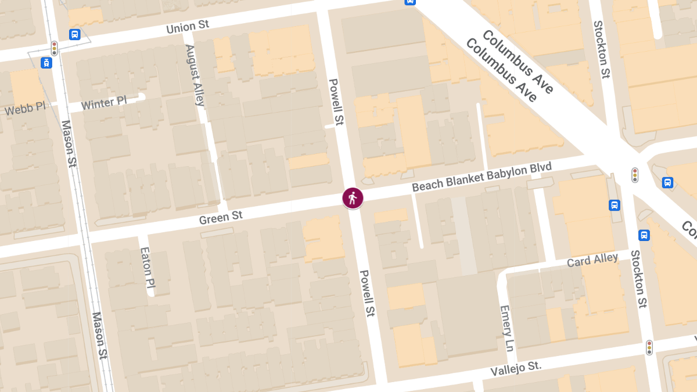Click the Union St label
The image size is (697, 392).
pos(187,26)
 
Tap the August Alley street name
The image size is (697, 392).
pos(195,75)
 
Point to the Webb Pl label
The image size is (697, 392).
pos(24,109)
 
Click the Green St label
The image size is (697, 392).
pos(221,217)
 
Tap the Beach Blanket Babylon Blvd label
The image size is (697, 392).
pos(482,177)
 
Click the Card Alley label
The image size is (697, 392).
pos(592,260)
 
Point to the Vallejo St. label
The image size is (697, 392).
pos(516,367)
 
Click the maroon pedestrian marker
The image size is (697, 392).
pos(353,198)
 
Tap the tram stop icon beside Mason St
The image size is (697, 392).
pos(46,62)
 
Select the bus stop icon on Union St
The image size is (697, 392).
pos(74,34)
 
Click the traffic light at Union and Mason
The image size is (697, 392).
pos(55,48)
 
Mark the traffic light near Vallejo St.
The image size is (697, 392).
pos(649,347)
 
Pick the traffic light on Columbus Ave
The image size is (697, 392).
pos(635,174)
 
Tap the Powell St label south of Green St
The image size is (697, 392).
pos(367,293)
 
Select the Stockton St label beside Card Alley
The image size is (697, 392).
pos(639,278)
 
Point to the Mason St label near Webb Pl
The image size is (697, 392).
pos(69,143)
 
